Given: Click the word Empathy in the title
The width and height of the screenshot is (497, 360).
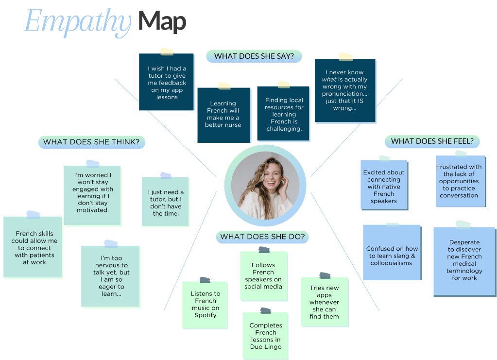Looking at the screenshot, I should (78, 22).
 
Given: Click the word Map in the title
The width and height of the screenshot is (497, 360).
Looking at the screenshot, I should (162, 21).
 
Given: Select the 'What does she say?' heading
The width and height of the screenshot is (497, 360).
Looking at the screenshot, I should (254, 56).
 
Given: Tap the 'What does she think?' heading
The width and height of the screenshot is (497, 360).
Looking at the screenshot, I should (91, 142).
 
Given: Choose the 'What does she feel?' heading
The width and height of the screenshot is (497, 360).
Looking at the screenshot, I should (432, 141).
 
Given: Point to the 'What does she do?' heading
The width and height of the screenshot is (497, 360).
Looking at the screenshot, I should (262, 237).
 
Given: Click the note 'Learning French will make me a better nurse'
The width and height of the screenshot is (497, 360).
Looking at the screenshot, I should (223, 115).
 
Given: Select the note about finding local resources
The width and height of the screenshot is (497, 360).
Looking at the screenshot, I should (284, 114).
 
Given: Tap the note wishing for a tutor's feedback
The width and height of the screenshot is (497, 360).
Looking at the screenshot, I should (167, 83).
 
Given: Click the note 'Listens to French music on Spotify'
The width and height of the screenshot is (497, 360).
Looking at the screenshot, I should (205, 305).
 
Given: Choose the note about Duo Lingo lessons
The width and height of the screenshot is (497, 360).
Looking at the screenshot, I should (265, 335).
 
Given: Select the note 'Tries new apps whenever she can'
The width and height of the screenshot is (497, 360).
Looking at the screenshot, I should (324, 302).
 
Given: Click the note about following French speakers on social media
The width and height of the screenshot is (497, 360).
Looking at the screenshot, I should (263, 276).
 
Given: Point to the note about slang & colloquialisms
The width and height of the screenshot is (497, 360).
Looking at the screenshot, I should (392, 253).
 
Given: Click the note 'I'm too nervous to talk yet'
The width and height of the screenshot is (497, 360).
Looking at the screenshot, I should (110, 276).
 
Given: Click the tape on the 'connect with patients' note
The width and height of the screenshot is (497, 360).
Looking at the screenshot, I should (34, 214).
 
